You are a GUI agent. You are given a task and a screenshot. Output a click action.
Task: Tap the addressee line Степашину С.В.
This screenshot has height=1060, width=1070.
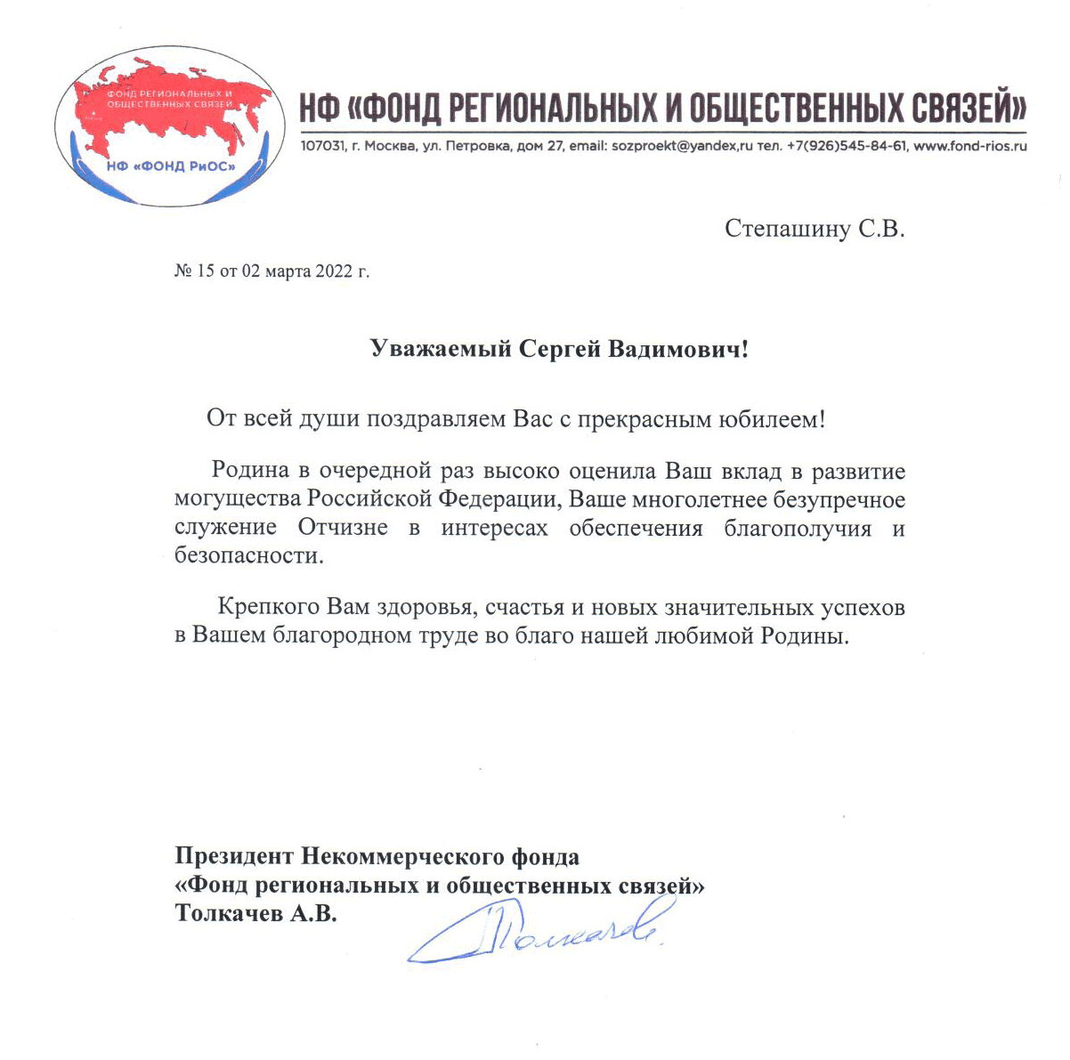814,230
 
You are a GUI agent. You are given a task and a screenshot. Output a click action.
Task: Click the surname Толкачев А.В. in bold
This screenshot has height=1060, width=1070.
255,914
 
